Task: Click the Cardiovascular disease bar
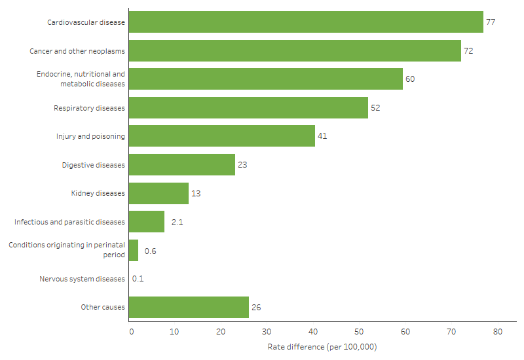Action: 306,22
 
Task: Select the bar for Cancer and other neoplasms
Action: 295,50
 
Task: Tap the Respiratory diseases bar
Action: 248,107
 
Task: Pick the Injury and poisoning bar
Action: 221,136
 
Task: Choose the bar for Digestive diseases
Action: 181,165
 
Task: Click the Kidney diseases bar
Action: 159,193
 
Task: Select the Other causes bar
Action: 189,307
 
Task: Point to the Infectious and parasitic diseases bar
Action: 147,222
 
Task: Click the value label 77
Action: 490,22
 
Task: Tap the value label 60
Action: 410,79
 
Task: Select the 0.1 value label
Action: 138,279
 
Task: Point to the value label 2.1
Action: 176,222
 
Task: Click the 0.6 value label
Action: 150,251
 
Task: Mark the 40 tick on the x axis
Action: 313,332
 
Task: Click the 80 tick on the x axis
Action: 496,332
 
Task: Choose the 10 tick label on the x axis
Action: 175,332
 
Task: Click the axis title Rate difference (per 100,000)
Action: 322,346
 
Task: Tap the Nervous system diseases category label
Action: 82,279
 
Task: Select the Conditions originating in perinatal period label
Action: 66,250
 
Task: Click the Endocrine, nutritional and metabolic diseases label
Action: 80,79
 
